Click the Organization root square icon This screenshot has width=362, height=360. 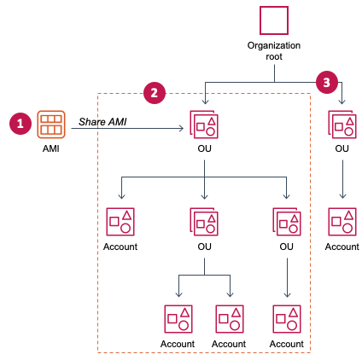coord(274,20)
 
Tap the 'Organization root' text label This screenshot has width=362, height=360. coord(274,50)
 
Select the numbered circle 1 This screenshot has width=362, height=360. coord(20,124)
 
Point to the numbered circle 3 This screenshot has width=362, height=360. coord(326,82)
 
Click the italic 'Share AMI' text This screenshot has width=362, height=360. coord(102,122)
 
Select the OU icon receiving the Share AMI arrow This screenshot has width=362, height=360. coord(204,125)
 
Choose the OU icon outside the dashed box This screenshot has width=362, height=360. coord(342,125)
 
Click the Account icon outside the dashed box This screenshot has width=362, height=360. coord(342,222)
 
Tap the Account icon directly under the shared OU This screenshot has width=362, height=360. coord(120,222)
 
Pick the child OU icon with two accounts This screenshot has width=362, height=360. coord(204,222)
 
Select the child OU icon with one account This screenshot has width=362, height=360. coord(286,222)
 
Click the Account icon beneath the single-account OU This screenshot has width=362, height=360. coord(286,319)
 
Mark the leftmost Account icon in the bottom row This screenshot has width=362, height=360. coord(178,319)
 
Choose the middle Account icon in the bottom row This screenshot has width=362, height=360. coord(229,319)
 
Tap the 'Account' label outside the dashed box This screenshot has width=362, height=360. coord(342,247)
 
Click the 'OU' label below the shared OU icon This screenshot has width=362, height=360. coord(204,149)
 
